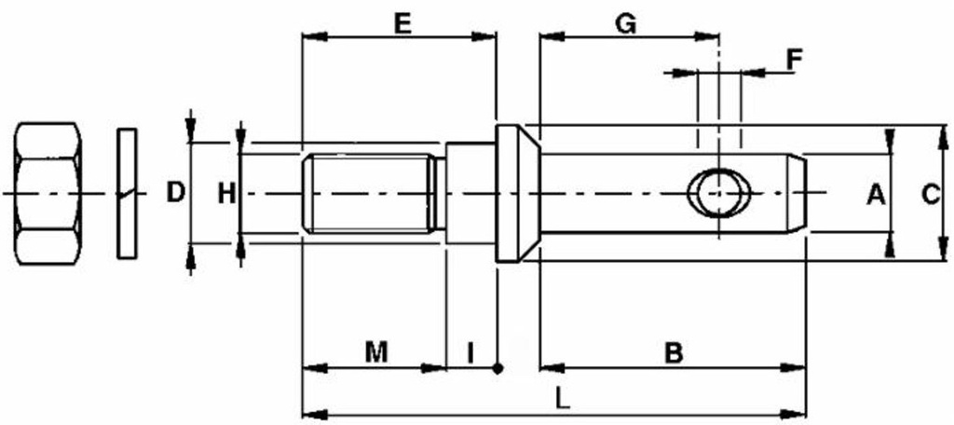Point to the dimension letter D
[176, 193]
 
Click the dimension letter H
[227, 194]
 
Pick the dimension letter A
[876, 196]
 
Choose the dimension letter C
[931, 196]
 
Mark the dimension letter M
[376, 352]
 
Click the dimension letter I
[470, 352]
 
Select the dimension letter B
[674, 352]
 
